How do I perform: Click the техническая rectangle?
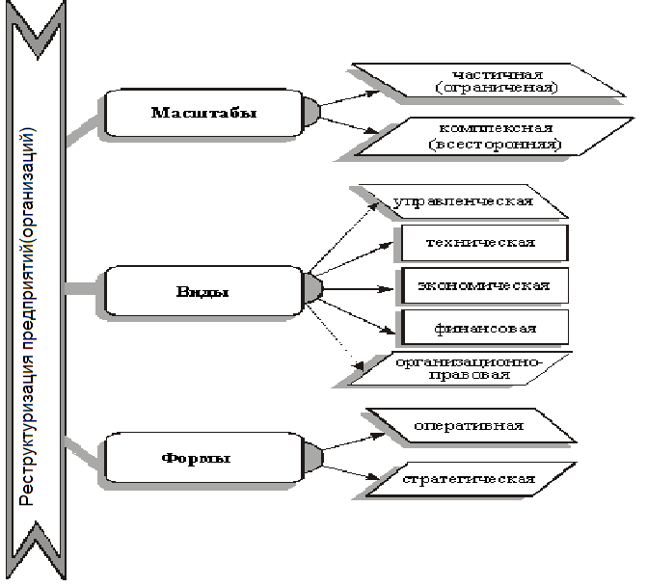pyautogui.click(x=480, y=241)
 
